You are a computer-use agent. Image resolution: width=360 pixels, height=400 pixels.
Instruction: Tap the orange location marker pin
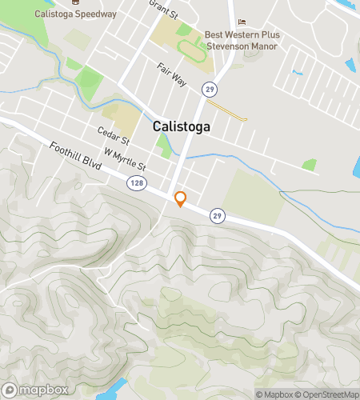[180, 198]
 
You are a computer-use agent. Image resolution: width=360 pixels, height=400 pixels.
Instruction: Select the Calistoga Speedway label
[76, 14]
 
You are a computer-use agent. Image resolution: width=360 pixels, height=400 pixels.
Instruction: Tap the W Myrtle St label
[124, 160]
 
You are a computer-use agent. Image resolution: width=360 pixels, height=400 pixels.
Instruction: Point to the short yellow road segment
[227, 110]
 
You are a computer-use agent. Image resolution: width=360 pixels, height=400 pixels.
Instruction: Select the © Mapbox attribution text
[274, 394]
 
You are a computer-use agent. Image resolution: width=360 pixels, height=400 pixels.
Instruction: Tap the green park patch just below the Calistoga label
[165, 145]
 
